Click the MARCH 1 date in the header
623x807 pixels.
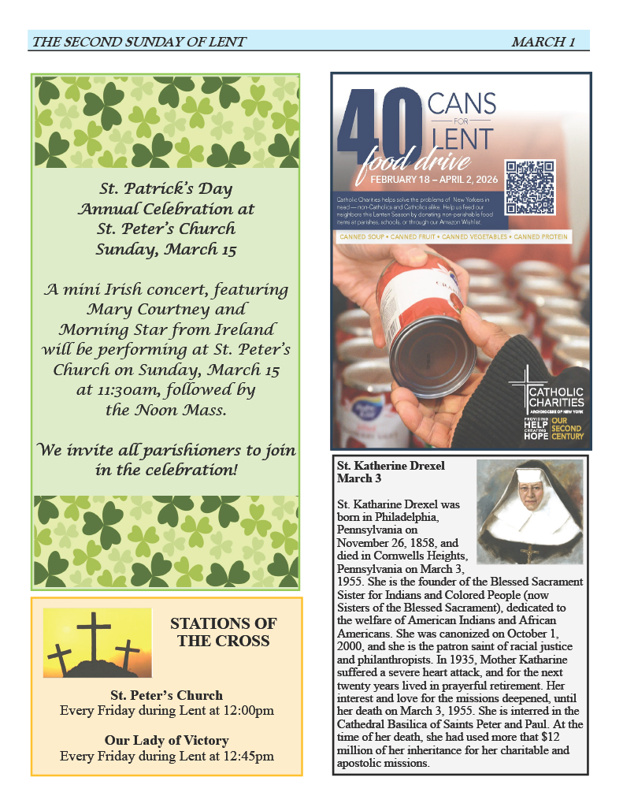tap(543, 42)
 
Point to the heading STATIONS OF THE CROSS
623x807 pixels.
tap(224, 632)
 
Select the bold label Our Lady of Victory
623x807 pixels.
tap(166, 741)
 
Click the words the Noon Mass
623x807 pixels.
tap(165, 410)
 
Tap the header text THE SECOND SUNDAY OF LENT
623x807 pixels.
tap(139, 42)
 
